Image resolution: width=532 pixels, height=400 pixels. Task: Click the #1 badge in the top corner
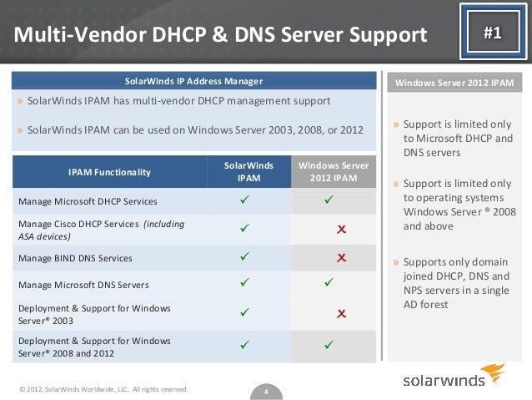492,33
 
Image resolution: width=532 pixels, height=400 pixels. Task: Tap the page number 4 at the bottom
265,391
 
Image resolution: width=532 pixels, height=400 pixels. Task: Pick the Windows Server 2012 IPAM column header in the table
334,172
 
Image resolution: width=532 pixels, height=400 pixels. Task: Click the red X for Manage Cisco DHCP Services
341,229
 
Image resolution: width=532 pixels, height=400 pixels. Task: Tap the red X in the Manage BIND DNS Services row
341,257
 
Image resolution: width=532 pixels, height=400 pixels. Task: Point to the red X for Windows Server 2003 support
341,314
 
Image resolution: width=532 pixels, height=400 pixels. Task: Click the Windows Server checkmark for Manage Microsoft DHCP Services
329,200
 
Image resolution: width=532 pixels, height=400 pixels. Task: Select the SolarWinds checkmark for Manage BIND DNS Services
245,257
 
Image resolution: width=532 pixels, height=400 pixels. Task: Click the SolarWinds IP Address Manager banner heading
193,82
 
